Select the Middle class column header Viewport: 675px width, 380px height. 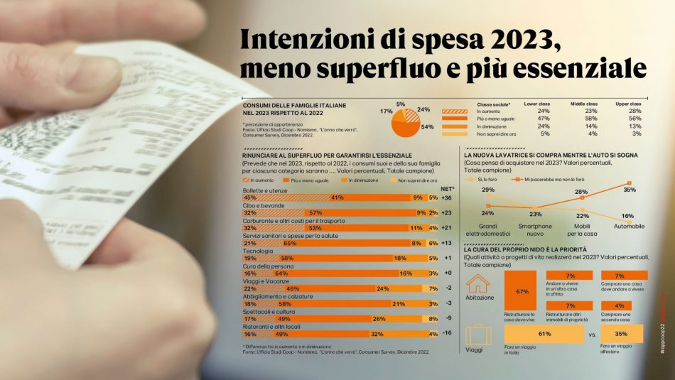(582, 104)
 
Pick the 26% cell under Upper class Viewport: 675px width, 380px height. (636, 111)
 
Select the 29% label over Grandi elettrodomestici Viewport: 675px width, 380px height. (488, 190)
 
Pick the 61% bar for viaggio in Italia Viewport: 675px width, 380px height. (545, 333)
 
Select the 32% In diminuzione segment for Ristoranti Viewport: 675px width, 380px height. (377, 332)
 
